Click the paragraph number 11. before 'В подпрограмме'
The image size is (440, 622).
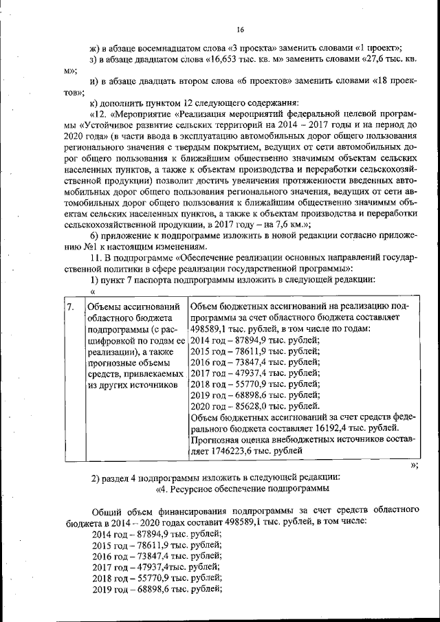96,257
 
